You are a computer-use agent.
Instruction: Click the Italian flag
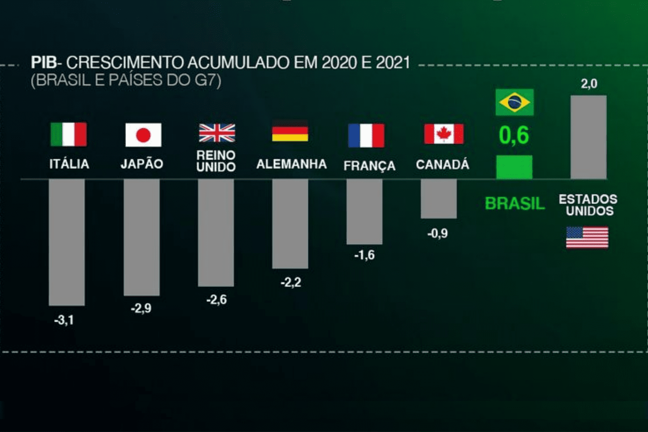(68, 134)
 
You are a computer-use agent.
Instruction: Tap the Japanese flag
(143, 135)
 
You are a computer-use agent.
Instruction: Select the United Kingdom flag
(217, 133)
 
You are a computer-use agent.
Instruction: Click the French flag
(366, 135)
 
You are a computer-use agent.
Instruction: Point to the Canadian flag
(443, 134)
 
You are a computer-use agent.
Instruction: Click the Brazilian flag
(514, 102)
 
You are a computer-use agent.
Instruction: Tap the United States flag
(587, 237)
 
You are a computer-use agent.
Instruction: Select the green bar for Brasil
(514, 167)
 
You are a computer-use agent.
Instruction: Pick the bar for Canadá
(439, 198)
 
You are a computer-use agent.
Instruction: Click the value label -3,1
(64, 320)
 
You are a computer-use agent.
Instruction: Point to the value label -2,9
(141, 309)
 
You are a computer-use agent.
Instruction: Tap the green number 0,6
(514, 135)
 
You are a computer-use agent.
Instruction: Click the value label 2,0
(589, 84)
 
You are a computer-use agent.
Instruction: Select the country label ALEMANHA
(291, 164)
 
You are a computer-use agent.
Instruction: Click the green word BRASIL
(514, 203)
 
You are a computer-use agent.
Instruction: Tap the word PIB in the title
(44, 63)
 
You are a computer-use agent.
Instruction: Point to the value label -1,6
(364, 255)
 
